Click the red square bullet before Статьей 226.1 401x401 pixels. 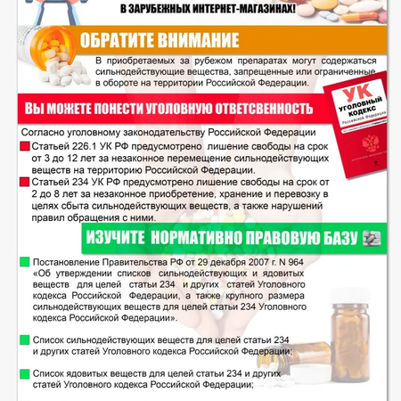coord(24,144)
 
